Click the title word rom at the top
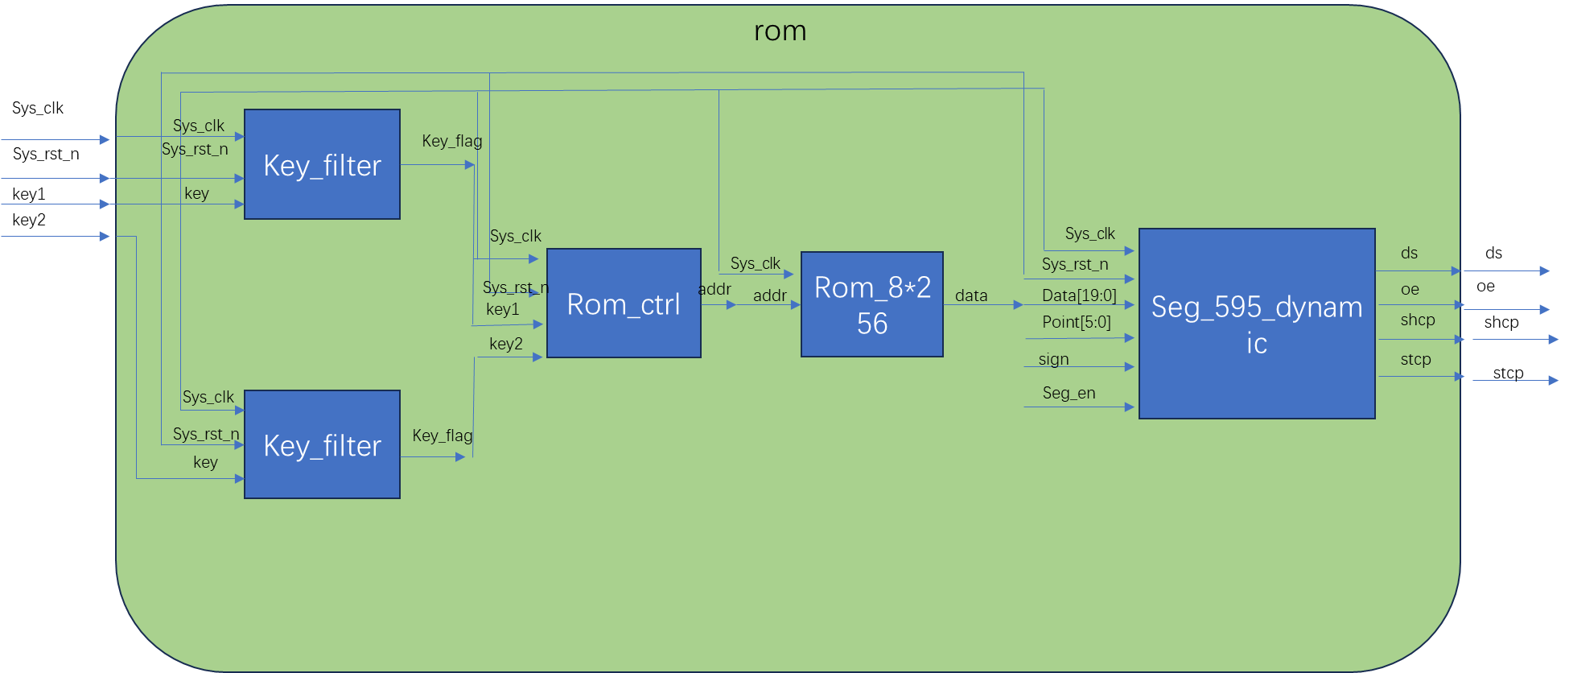click(780, 31)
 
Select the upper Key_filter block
click(322, 165)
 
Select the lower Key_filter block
click(322, 445)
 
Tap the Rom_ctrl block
click(624, 304)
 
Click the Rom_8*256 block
click(872, 305)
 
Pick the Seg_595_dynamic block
click(1257, 324)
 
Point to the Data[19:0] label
click(1079, 295)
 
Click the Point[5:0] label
click(1076, 322)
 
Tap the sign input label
click(1053, 359)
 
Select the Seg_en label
click(1069, 393)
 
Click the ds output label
click(1409, 253)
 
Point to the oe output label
click(1410, 289)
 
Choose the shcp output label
click(1418, 320)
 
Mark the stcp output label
click(1415, 359)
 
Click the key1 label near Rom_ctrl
click(503, 309)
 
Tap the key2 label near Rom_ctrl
click(506, 344)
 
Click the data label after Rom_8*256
click(971, 295)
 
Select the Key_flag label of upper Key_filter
click(452, 141)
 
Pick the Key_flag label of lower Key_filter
click(443, 436)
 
